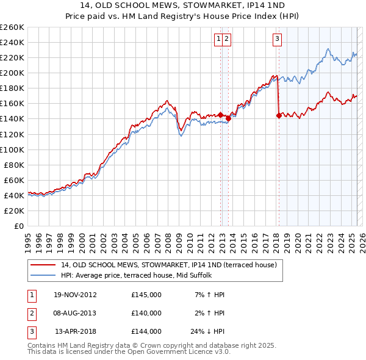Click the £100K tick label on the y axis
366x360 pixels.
pyautogui.click(x=12, y=149)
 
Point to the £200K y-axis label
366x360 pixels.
pyautogui.click(x=12, y=73)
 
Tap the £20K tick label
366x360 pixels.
pyautogui.click(x=14, y=211)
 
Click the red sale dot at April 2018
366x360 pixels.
pyautogui.click(x=279, y=115)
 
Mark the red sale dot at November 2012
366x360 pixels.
pyautogui.click(x=221, y=114)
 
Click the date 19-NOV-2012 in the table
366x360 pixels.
pyautogui.click(x=75, y=295)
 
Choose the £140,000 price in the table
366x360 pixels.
pyautogui.click(x=146, y=313)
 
